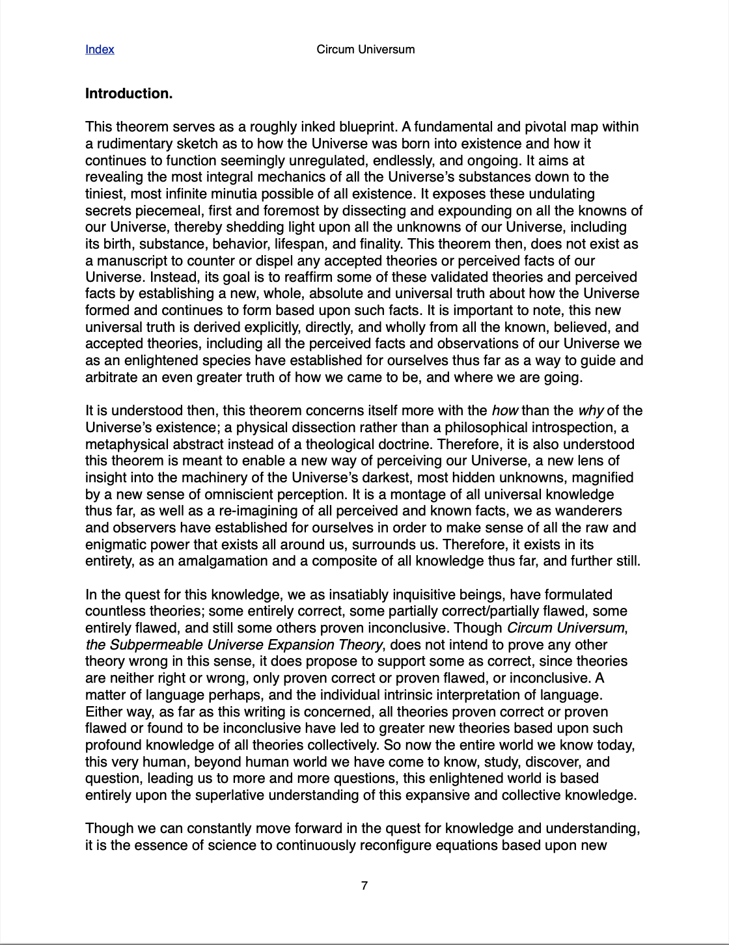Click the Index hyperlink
click(100, 49)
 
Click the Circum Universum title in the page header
click(365, 49)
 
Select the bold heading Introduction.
click(129, 94)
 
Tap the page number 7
click(364, 885)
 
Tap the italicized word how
click(504, 411)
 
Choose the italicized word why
click(590, 411)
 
